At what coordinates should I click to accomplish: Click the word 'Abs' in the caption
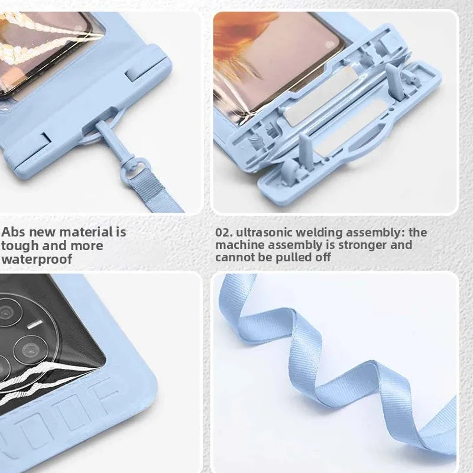coord(14,232)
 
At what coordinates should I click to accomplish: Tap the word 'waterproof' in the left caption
coord(37,259)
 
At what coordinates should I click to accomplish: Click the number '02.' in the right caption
coord(224,232)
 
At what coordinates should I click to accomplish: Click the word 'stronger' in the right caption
coord(362,245)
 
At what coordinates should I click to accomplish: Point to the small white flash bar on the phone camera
coord(35,324)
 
